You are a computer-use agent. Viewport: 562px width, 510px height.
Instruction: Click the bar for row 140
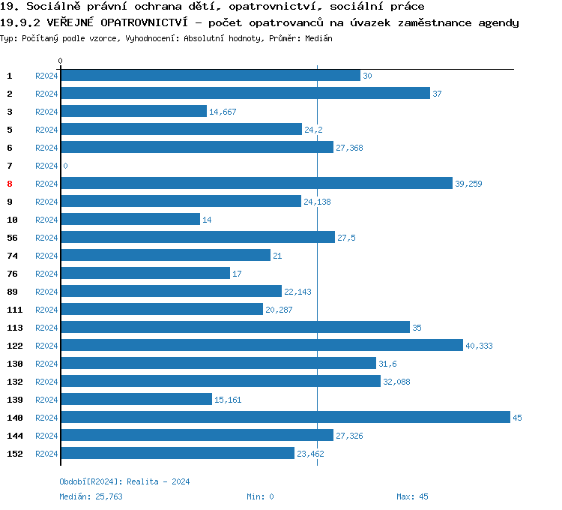285,417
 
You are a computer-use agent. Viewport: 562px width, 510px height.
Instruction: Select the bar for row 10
130,219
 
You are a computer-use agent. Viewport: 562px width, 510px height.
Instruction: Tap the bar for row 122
262,345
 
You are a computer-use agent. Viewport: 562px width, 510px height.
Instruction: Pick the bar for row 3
133,111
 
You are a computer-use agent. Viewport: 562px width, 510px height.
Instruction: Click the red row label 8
10,184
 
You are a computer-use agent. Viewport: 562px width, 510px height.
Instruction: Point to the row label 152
13,454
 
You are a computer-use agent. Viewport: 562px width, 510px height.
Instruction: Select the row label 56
12,238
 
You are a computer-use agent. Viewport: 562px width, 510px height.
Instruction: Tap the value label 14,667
223,112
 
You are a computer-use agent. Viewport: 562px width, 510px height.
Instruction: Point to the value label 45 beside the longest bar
517,418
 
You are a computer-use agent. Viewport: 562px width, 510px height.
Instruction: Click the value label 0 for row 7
65,166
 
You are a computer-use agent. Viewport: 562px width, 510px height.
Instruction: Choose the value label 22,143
297,292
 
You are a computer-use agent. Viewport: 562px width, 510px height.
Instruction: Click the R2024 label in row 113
46,328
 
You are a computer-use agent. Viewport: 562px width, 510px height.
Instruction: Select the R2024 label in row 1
46,76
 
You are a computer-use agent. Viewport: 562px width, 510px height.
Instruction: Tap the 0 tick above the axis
61,61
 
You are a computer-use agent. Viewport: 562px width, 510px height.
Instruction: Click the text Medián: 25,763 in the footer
91,496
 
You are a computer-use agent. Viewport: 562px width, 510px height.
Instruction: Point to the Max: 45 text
412,496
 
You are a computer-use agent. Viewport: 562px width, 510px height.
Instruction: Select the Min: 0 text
260,496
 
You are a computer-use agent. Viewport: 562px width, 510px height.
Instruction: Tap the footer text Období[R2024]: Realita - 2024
124,481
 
